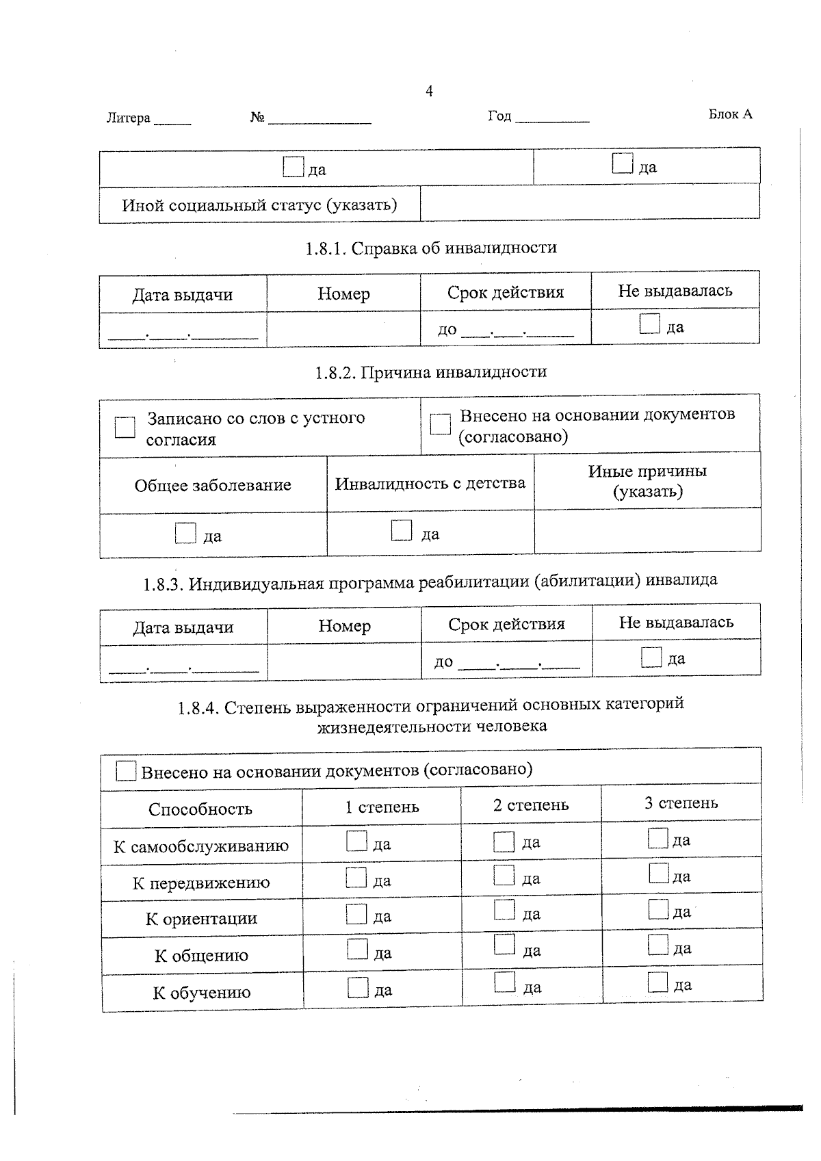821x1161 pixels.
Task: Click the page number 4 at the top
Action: pyautogui.click(x=429, y=91)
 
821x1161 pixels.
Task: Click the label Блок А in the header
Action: pyautogui.click(x=730, y=114)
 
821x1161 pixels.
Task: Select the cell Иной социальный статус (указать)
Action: pyautogui.click(x=259, y=205)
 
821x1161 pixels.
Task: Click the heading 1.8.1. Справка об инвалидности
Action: pyautogui.click(x=431, y=248)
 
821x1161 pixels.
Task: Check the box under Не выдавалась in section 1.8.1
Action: pyautogui.click(x=649, y=324)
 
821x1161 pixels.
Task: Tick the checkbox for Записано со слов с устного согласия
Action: pyautogui.click(x=125, y=428)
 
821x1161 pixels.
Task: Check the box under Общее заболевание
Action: pyautogui.click(x=185, y=533)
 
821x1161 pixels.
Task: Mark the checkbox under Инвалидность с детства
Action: pyautogui.click(x=402, y=530)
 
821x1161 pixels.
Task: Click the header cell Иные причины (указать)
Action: pyautogui.click(x=647, y=481)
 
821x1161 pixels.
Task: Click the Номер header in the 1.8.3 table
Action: pyautogui.click(x=344, y=625)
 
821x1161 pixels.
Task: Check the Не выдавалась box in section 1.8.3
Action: pyautogui.click(x=651, y=657)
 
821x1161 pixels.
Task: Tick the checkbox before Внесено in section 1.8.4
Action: pyautogui.click(x=126, y=771)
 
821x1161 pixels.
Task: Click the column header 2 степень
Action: pyautogui.click(x=531, y=805)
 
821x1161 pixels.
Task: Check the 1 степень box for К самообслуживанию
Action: pyautogui.click(x=356, y=841)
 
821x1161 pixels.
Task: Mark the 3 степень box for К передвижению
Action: pyautogui.click(x=658, y=873)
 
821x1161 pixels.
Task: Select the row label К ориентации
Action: pyautogui.click(x=202, y=918)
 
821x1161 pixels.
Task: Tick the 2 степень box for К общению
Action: pyautogui.click(x=504, y=945)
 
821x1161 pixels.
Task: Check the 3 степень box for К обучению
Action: pyautogui.click(x=657, y=982)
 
